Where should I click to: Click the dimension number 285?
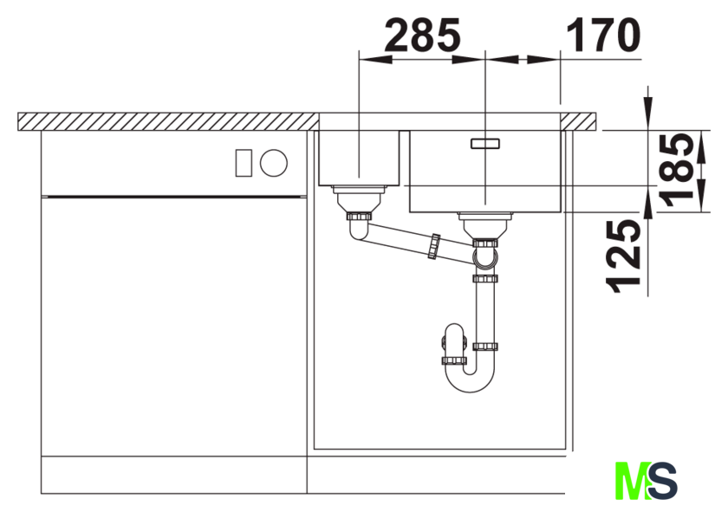coord(423,35)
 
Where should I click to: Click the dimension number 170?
coord(603,35)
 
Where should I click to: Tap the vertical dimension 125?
coord(623,256)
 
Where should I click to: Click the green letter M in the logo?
coord(633,481)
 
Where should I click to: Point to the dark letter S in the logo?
coord(662,481)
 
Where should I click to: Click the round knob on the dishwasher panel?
coord(274,163)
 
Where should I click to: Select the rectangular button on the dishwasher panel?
coord(244,163)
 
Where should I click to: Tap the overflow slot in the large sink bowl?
coord(485,144)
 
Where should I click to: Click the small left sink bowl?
coord(359,158)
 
